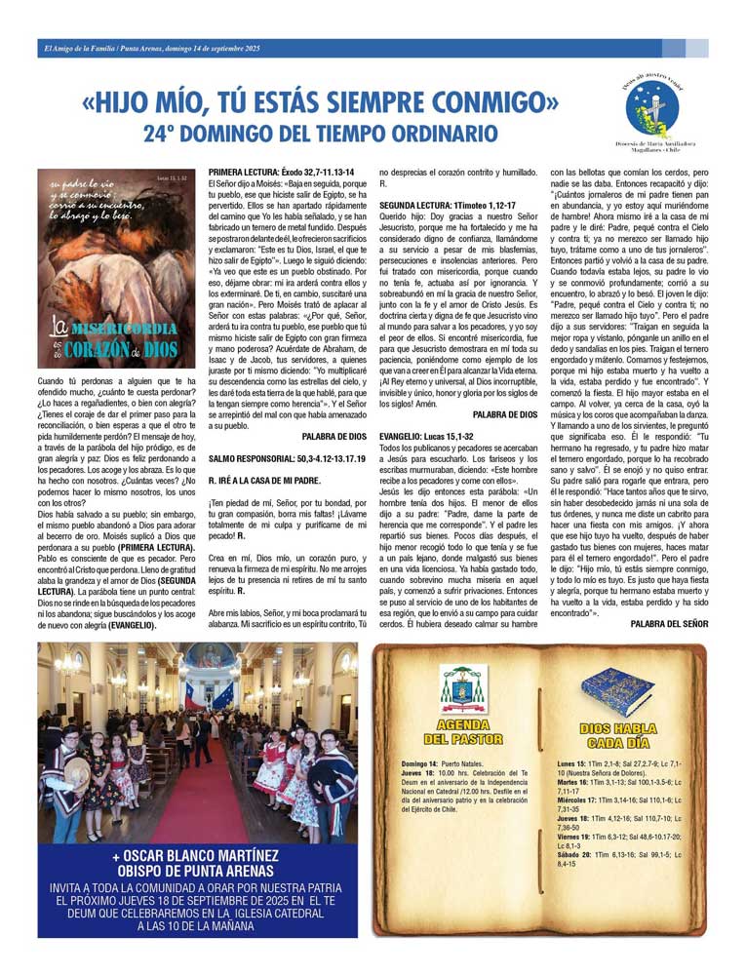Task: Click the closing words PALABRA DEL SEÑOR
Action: [669, 623]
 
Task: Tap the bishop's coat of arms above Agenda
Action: [463, 688]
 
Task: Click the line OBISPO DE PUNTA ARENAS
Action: [197, 871]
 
